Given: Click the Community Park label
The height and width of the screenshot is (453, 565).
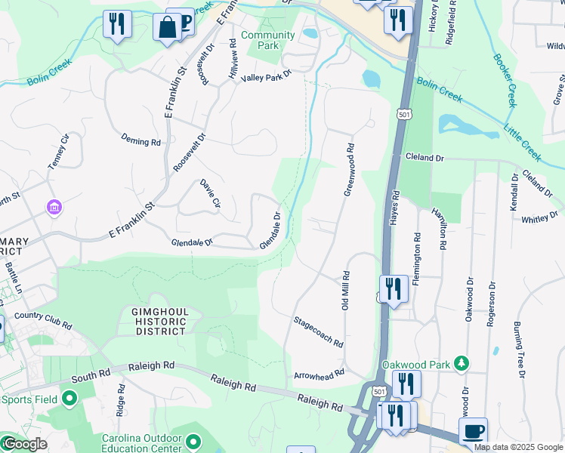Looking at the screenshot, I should [x=267, y=41].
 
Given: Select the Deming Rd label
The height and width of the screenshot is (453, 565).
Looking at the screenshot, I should [x=141, y=140].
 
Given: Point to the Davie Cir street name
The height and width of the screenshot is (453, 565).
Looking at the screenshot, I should [x=210, y=194].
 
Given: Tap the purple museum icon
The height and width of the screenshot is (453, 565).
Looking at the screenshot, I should [x=54, y=207].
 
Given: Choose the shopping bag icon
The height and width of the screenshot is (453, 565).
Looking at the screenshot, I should [x=166, y=27].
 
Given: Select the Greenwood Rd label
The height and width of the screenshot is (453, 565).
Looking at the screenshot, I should [x=349, y=171].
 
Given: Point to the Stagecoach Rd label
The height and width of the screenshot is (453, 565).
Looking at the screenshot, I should [x=318, y=331].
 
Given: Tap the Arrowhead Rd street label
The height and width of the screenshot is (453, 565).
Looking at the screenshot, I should [x=319, y=373].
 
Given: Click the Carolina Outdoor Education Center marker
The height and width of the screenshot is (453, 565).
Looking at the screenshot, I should [x=194, y=441].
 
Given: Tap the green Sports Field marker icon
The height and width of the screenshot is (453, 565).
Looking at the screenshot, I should [x=69, y=397].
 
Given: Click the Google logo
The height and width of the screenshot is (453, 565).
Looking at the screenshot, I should [x=25, y=444].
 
